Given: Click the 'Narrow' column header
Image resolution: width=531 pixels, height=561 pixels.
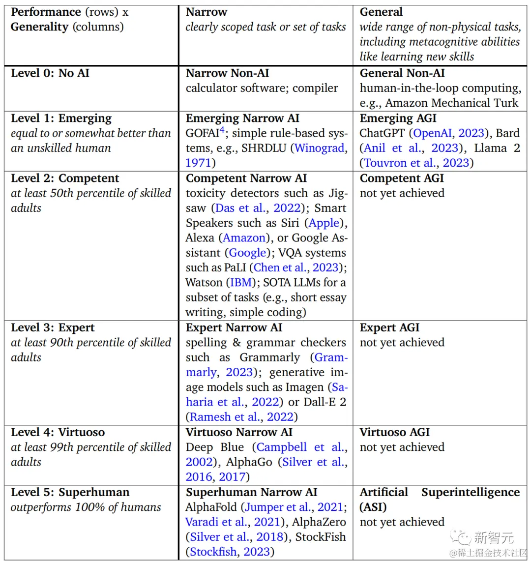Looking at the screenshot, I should [x=207, y=12].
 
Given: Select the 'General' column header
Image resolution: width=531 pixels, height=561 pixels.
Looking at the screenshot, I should [x=382, y=12].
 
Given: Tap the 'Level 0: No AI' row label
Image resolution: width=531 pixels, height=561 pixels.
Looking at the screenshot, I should [x=50, y=73].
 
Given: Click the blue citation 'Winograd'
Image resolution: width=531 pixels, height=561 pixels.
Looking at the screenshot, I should [x=321, y=148].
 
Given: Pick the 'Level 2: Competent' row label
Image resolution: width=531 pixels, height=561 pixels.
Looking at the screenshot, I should [x=65, y=178].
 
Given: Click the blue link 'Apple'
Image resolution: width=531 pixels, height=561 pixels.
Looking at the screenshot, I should [x=324, y=223].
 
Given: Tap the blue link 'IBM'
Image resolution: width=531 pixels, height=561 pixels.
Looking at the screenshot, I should [x=241, y=282].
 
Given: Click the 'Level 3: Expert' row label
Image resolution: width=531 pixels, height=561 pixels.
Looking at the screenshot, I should [x=53, y=327].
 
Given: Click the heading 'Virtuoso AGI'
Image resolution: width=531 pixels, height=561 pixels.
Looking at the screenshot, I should [x=395, y=432].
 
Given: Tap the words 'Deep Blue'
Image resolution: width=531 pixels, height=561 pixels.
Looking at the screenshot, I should [x=215, y=447].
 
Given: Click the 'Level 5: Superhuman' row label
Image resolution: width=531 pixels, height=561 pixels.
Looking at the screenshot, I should [x=70, y=492].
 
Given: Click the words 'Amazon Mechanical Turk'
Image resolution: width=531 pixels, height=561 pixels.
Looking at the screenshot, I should [x=452, y=103].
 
